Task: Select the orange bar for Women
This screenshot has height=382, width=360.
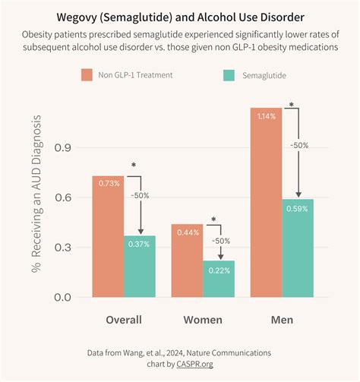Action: pyautogui.click(x=187, y=260)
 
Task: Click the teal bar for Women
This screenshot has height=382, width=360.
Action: pyautogui.click(x=218, y=279)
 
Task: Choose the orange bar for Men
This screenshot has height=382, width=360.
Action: pyautogui.click(x=266, y=202)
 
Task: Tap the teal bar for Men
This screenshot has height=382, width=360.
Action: pyautogui.click(x=298, y=248)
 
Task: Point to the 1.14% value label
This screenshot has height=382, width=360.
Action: pyautogui.click(x=267, y=115)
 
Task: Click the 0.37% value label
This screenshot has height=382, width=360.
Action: pyautogui.click(x=140, y=243)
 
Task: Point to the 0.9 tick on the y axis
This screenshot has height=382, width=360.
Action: pyautogui.click(x=62, y=147)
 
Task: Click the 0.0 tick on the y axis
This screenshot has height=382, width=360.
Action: pyautogui.click(x=62, y=297)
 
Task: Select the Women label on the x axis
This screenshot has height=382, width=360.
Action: pyautogui.click(x=203, y=320)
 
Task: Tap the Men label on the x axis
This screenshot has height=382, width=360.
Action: pyautogui.click(x=282, y=320)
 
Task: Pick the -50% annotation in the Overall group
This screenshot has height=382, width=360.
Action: pyautogui.click(x=140, y=196)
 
